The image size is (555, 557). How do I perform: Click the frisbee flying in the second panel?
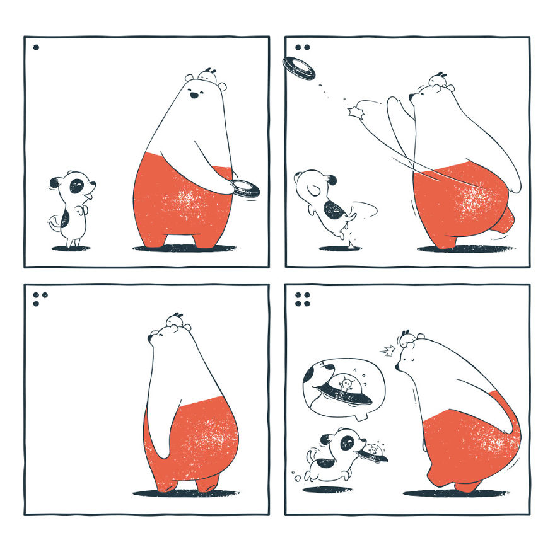click(x=298, y=67)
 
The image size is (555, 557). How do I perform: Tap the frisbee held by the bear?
click(x=245, y=188)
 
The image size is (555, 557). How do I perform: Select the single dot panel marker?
click(x=36, y=47)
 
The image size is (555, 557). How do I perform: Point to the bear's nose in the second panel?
click(x=411, y=96)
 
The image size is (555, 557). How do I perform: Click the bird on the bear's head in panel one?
click(x=207, y=75)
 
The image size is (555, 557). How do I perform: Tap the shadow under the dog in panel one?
click(x=69, y=248)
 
